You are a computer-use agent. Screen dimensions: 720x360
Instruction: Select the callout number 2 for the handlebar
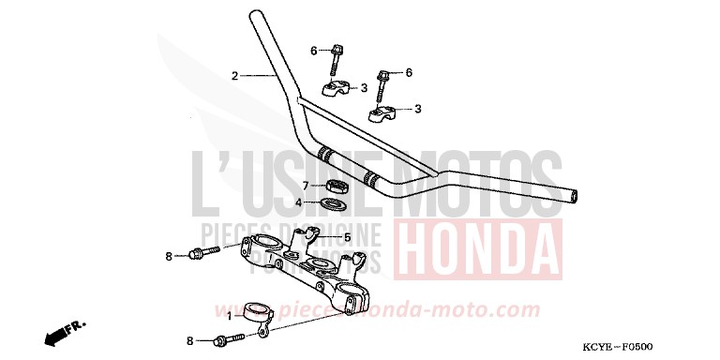coord(235,75)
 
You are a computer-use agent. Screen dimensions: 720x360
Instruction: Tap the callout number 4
coord(299,202)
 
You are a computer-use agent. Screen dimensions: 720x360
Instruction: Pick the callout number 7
coord(305,186)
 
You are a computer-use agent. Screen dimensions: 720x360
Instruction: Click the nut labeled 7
coord(336,185)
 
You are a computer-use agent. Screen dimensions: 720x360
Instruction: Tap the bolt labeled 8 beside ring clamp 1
coord(227,340)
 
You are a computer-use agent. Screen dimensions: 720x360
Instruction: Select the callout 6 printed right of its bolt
coord(409,72)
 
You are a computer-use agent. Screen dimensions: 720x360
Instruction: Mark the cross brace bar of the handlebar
coord(366,131)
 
